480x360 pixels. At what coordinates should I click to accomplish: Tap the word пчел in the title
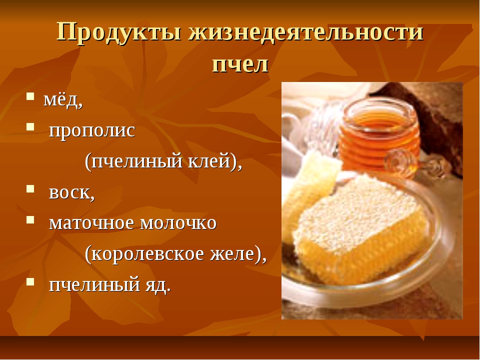click(240, 64)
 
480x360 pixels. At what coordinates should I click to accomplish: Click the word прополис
click(92, 131)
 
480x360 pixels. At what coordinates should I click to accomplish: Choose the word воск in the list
click(70, 192)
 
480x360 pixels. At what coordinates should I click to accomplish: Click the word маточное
click(91, 223)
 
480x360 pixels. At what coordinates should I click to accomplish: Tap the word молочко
click(178, 223)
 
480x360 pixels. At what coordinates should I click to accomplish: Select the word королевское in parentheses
click(147, 254)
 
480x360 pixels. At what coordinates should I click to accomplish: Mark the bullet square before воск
click(30, 188)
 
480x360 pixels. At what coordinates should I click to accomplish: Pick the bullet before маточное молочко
click(30, 219)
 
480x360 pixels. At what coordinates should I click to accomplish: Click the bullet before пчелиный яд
click(30, 281)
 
